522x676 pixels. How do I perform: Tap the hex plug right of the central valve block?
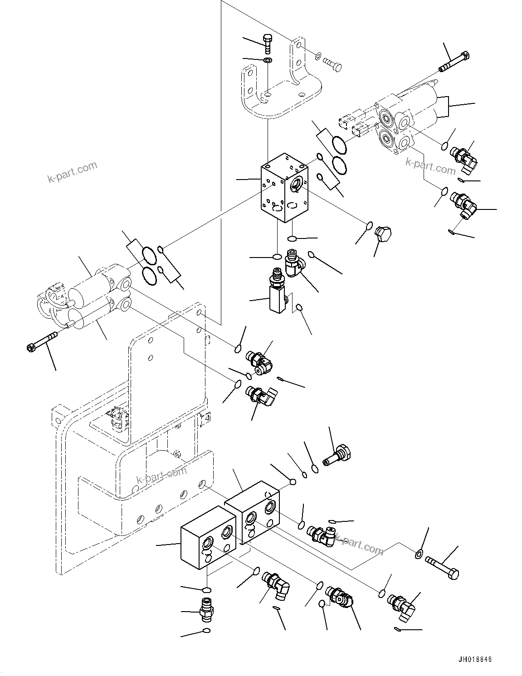[384, 234]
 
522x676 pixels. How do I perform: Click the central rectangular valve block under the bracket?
[284, 187]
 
